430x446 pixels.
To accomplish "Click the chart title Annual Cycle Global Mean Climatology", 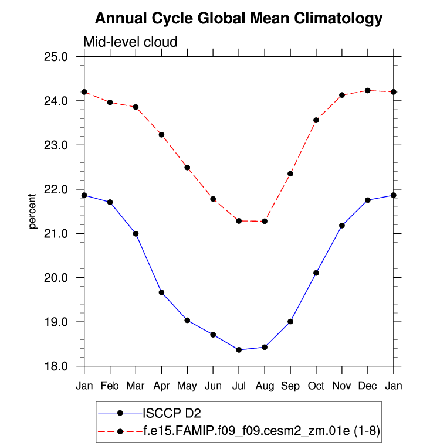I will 238,18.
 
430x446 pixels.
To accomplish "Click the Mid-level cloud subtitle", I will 130,42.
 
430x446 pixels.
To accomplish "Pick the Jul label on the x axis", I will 239,386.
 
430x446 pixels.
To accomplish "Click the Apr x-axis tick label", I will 161,386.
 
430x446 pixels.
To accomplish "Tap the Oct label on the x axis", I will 316,386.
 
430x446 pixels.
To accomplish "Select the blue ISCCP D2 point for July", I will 239,350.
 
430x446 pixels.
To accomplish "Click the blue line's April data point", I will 161,292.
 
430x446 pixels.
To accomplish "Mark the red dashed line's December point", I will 368,90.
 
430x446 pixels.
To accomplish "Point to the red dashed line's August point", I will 265,221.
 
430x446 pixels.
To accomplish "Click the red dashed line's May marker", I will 187,168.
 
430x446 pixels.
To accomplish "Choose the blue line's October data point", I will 316,273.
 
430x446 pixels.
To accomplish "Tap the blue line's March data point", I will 136,234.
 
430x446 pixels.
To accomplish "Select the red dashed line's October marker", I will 316,120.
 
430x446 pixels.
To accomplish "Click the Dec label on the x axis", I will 368,386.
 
